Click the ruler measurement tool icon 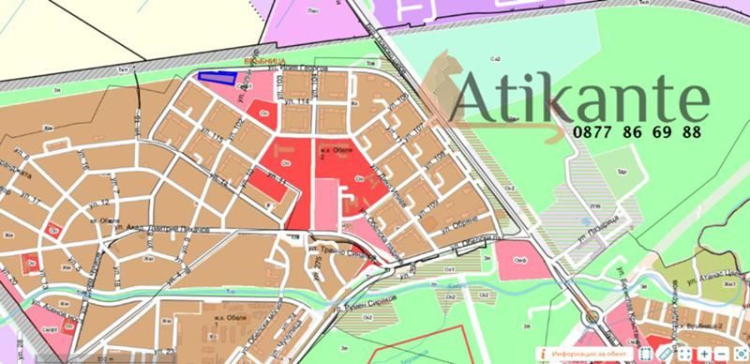664,353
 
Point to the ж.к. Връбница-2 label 701,324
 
